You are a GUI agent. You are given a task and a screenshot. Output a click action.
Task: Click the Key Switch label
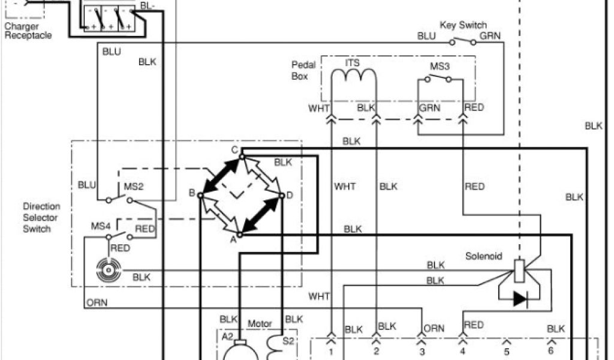[463, 25]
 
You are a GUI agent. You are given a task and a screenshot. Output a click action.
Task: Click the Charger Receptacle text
[28, 31]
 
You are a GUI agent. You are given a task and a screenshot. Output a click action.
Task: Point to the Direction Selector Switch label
[41, 218]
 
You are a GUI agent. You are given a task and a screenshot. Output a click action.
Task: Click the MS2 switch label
[133, 187]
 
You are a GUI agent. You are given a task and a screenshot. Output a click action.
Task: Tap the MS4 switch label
[101, 226]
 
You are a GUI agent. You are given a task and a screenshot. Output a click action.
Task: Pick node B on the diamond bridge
[192, 193]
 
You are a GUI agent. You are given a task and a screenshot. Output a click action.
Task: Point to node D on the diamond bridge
[290, 195]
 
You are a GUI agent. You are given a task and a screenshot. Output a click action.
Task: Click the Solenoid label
[483, 256]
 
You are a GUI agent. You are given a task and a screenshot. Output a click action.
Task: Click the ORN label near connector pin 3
[434, 328]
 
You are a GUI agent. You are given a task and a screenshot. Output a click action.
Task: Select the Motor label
[260, 324]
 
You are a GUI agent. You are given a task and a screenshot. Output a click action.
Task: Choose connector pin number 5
[507, 350]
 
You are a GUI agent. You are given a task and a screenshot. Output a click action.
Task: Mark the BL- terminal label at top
[148, 6]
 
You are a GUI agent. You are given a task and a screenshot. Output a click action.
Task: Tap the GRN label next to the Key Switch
[490, 36]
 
